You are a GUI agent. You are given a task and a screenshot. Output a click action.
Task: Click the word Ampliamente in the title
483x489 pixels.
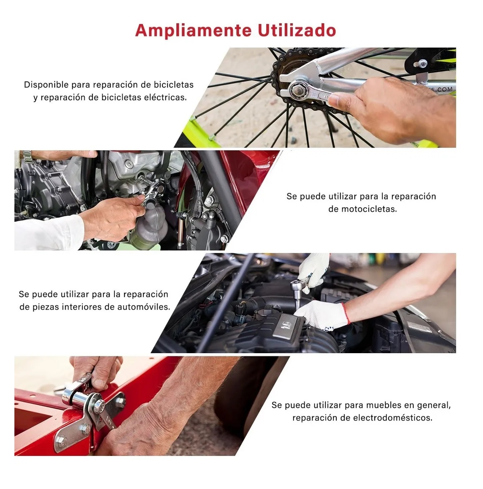click(x=193, y=30)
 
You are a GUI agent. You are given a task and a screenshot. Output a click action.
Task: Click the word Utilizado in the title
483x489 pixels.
click(x=296, y=30)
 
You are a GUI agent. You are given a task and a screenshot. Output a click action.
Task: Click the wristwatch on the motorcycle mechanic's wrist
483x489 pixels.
click(x=27, y=156)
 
